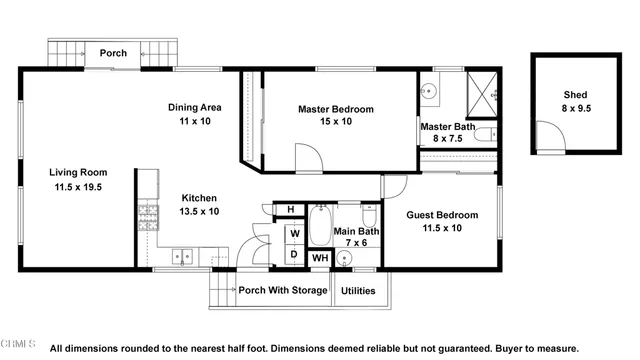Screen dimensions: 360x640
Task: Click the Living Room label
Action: click(77, 172)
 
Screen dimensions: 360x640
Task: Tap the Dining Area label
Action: click(194, 107)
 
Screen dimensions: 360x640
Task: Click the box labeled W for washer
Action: click(295, 234)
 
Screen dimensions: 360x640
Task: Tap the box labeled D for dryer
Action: click(295, 255)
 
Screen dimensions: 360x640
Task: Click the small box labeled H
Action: click(290, 209)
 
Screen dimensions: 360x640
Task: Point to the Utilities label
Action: click(360, 291)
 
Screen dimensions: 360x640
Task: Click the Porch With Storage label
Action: click(283, 291)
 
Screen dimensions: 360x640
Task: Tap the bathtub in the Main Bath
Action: click(320, 226)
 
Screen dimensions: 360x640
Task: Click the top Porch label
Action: click(112, 53)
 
